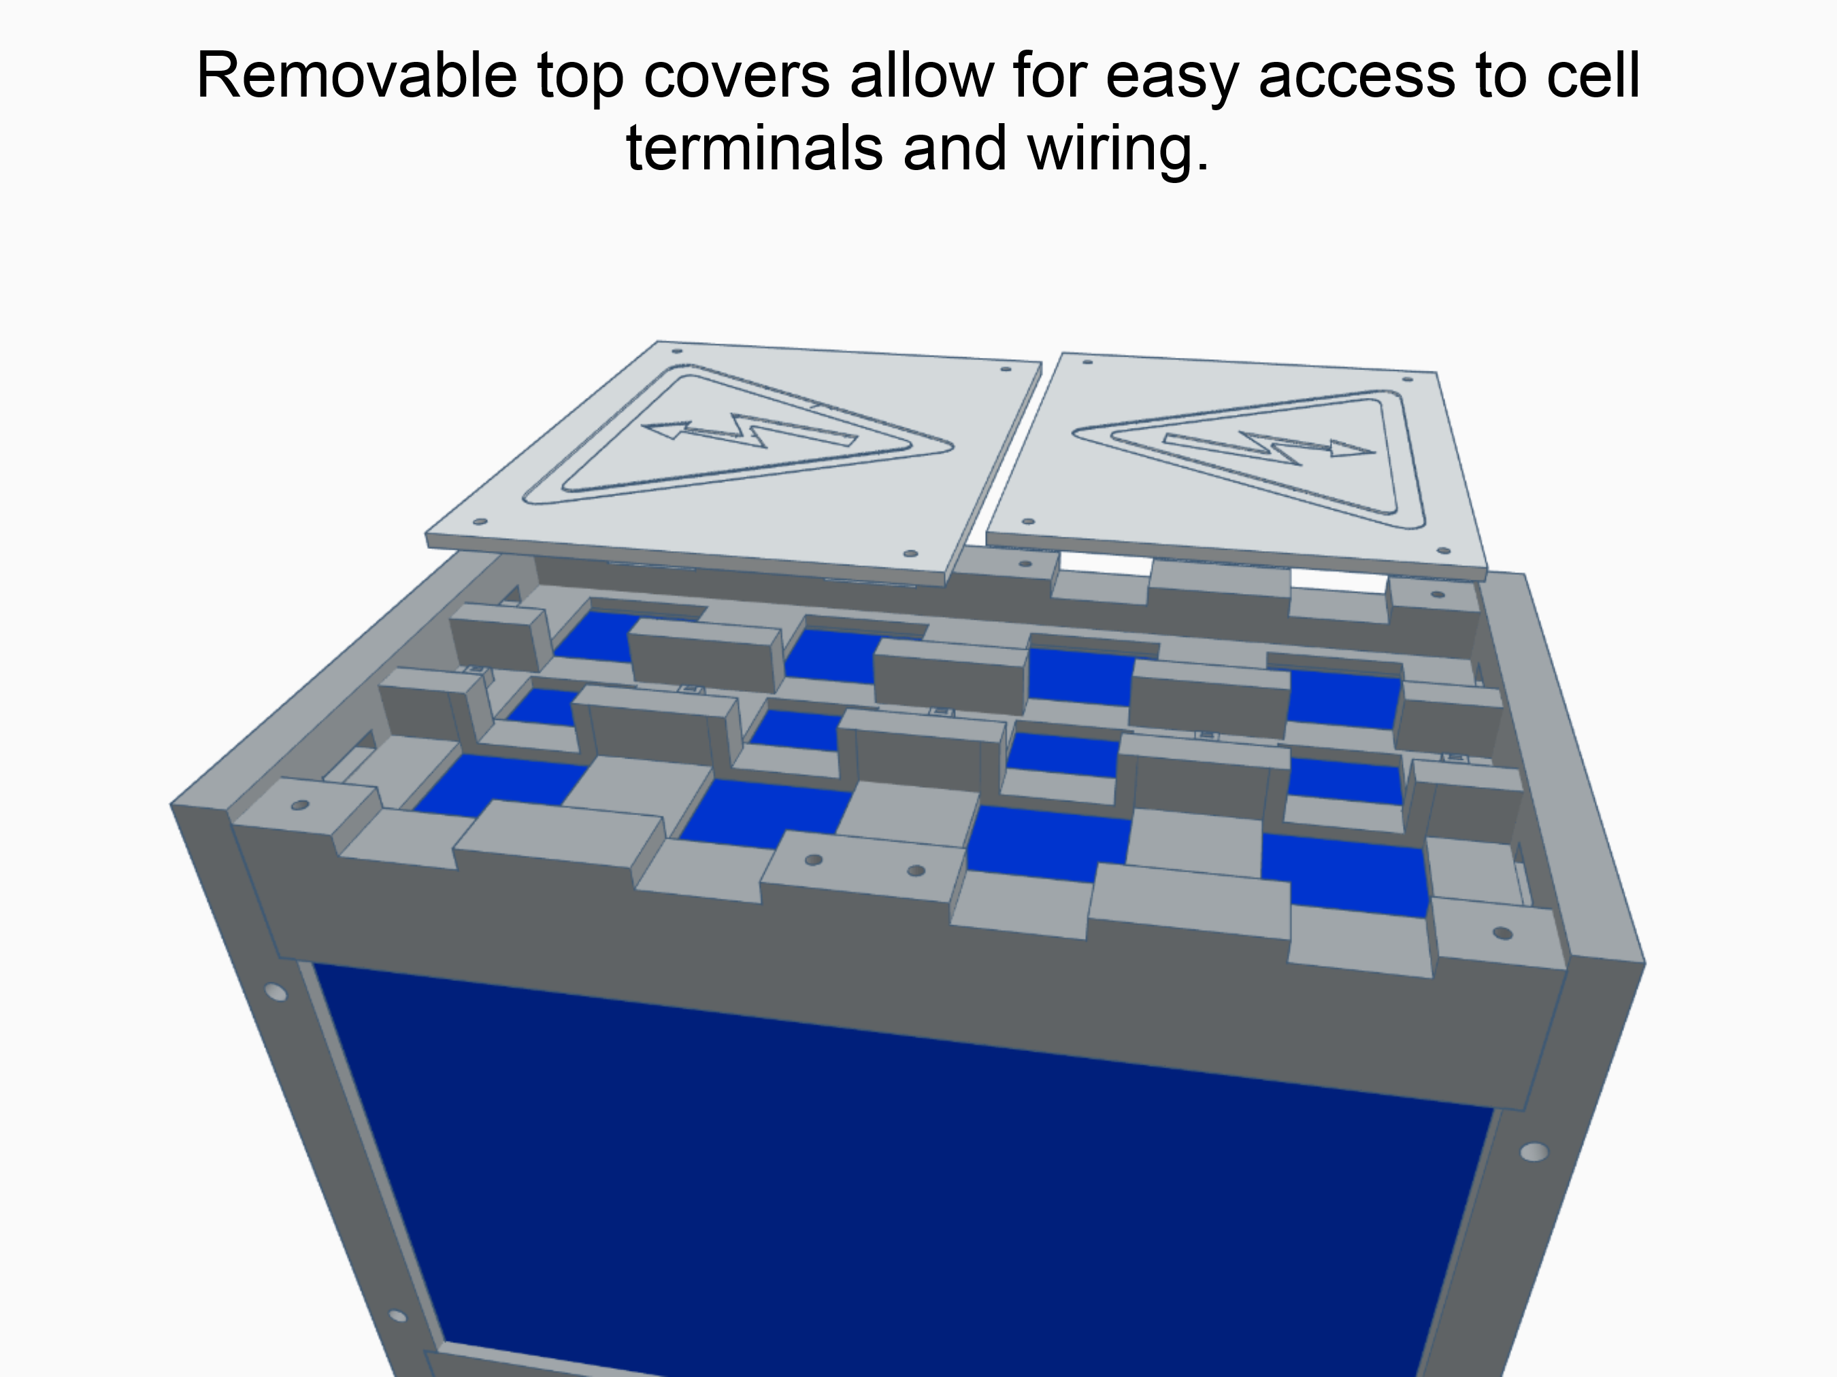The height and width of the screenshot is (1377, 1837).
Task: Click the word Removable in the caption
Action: (357, 76)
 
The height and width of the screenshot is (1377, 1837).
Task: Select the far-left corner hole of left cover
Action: (677, 351)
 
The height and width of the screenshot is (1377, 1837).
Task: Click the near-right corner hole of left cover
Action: (910, 553)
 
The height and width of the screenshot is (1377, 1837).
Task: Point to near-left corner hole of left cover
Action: (479, 522)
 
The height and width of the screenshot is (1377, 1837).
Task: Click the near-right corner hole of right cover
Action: (1443, 550)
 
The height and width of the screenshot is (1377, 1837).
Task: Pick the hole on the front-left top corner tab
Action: (301, 805)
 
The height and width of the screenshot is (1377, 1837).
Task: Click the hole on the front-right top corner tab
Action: (1502, 933)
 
